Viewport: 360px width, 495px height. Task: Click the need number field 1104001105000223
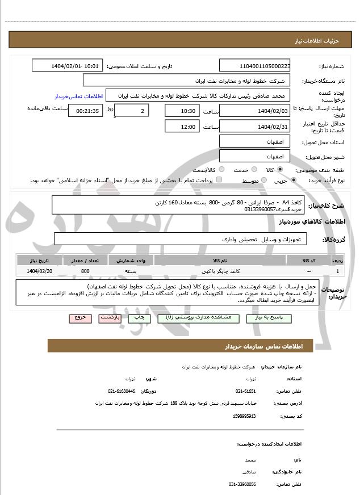254,66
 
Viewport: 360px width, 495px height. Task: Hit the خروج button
80,318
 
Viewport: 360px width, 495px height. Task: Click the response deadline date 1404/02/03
254,111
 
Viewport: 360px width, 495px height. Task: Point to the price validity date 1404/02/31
254,126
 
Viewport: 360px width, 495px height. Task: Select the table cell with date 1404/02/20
39,271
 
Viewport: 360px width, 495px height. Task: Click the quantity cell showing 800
85,271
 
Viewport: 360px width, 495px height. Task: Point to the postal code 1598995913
244,416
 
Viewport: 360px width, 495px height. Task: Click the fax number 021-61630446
122,391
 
